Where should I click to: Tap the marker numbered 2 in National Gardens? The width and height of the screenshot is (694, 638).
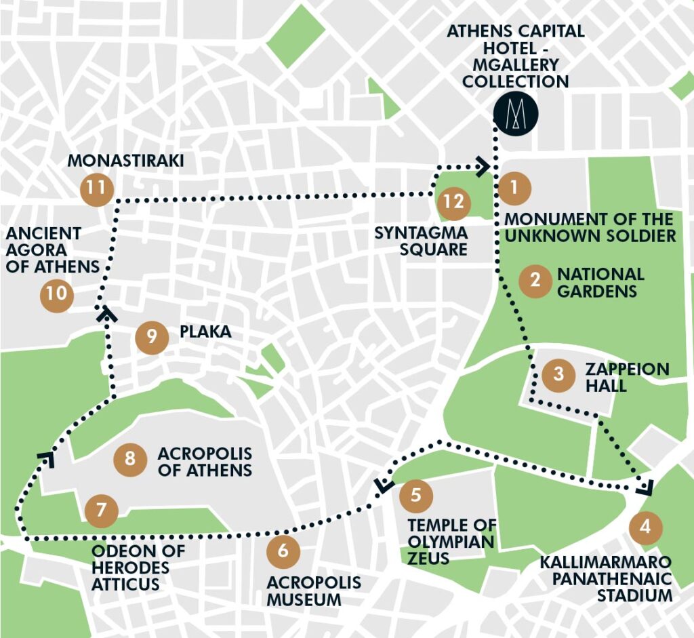click(535, 281)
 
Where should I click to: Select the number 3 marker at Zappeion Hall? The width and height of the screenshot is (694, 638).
click(558, 374)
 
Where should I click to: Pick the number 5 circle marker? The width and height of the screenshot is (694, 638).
click(416, 496)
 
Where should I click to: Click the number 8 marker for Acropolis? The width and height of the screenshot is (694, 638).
click(130, 460)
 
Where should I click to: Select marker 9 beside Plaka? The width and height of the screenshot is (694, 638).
click(152, 336)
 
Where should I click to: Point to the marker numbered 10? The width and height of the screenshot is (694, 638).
click(58, 295)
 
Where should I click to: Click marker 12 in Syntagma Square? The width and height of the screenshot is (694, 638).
click(453, 202)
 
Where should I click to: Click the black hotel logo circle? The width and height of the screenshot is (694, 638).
click(515, 112)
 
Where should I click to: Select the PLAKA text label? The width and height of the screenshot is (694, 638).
click(205, 332)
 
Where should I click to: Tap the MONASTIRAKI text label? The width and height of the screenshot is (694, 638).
click(127, 161)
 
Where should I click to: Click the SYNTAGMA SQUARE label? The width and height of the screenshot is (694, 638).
click(422, 241)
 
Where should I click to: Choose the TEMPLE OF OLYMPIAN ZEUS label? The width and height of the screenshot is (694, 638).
click(451, 542)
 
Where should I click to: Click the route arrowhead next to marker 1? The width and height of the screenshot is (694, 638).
click(483, 166)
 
